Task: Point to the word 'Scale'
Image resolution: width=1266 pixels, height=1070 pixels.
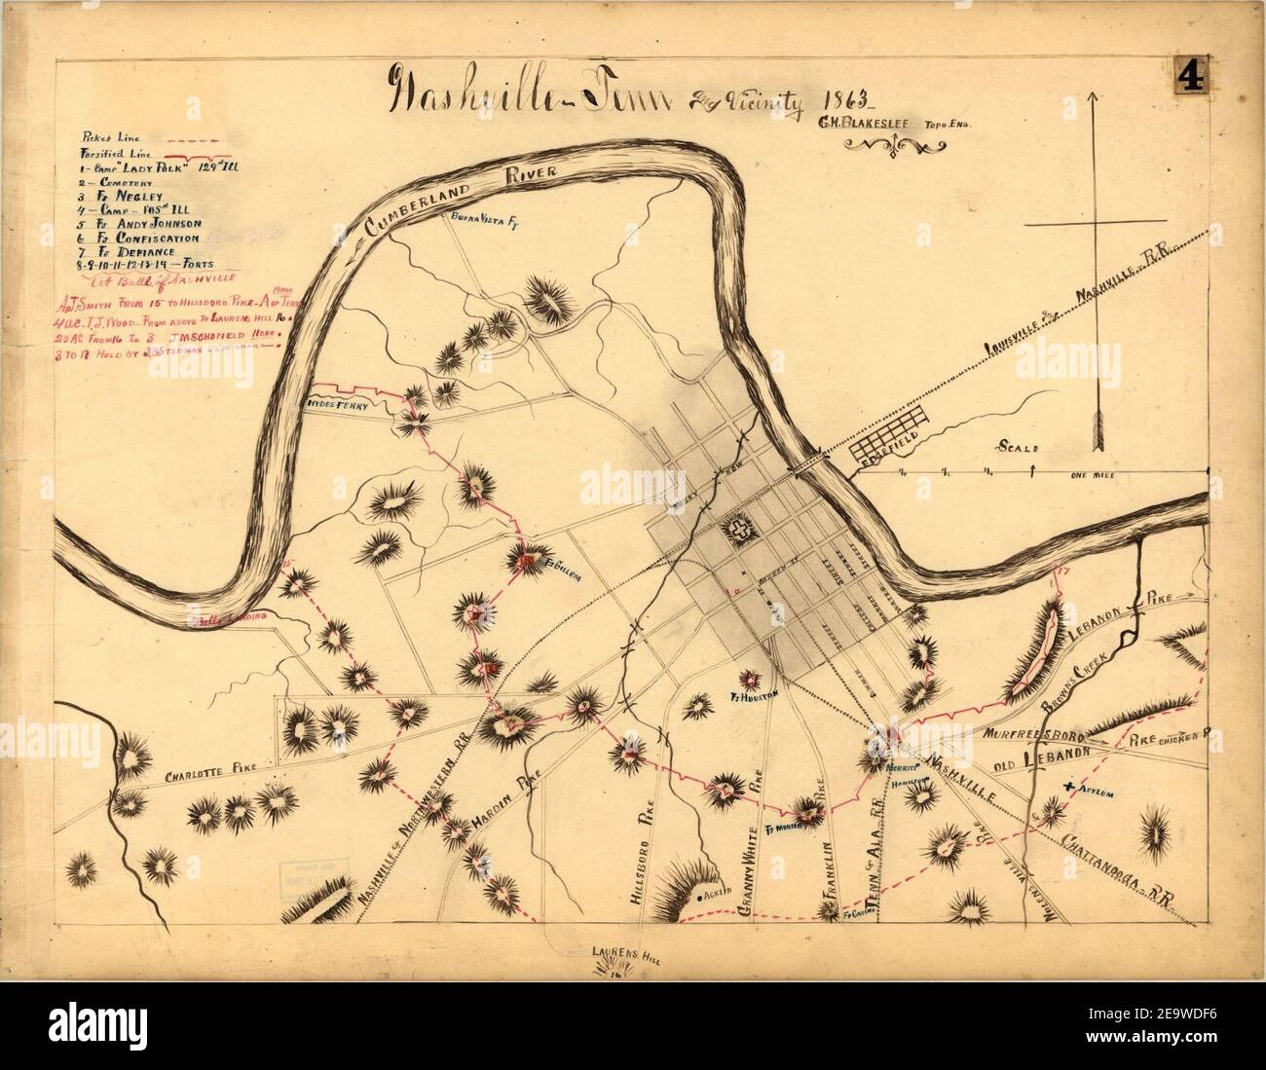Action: point(1018,447)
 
